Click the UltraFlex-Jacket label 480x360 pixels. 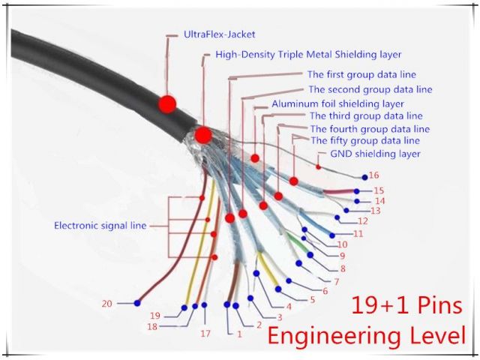click(219, 34)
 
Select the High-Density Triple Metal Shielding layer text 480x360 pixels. click(307, 55)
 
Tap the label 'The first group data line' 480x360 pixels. click(361, 75)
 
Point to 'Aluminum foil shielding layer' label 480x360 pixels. click(337, 103)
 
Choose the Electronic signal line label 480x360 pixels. click(100, 225)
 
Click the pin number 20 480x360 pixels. click(106, 303)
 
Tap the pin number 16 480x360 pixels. click(374, 175)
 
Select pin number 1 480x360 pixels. click(239, 334)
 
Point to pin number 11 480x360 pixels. click(358, 234)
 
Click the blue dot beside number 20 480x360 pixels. click(137, 303)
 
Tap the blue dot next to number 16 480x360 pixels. click(364, 178)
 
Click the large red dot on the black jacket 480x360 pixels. click(167, 103)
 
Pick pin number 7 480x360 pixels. click(336, 282)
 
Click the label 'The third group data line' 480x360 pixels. click(366, 116)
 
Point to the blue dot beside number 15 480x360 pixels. click(367, 191)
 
